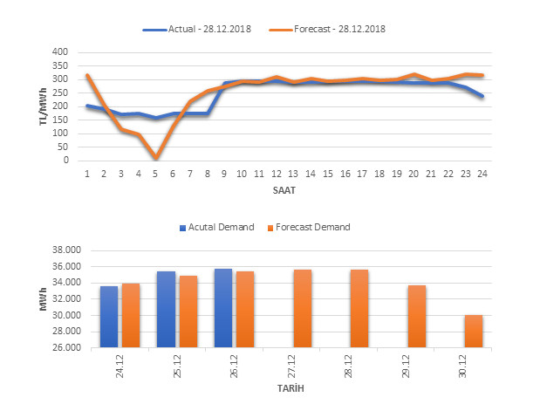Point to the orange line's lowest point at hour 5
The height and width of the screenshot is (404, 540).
pyautogui.click(x=155, y=158)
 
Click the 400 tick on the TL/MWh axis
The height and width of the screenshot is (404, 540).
pyautogui.click(x=58, y=52)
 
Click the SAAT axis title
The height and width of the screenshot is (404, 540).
pyautogui.click(x=284, y=189)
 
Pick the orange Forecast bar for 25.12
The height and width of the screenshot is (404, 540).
pyautogui.click(x=188, y=312)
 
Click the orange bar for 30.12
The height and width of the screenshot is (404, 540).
pyautogui.click(x=474, y=332)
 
